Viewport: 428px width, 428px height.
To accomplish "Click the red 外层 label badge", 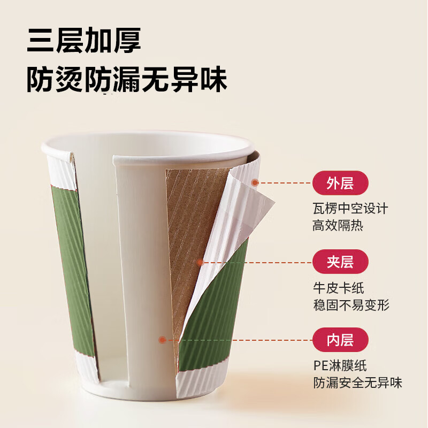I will pyautogui.click(x=340, y=184).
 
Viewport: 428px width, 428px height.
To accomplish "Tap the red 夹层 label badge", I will pyautogui.click(x=340, y=262).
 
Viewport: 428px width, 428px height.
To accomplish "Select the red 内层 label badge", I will pyautogui.click(x=340, y=339).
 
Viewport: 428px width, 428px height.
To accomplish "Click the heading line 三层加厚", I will pyautogui.click(x=84, y=42).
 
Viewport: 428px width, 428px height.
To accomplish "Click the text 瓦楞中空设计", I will pyautogui.click(x=350, y=208).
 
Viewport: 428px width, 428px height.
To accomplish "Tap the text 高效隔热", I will pyautogui.click(x=338, y=225).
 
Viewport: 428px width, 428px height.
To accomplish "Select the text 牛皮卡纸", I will pyautogui.click(x=339, y=287).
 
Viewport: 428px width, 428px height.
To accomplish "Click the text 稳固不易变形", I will pyautogui.click(x=351, y=305).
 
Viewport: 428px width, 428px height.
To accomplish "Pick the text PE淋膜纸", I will pyautogui.click(x=340, y=365).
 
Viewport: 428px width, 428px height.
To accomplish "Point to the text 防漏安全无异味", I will pyautogui.click(x=357, y=383).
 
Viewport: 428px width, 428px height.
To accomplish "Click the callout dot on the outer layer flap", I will pyautogui.click(x=255, y=183).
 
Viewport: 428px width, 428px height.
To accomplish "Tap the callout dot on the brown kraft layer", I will pyautogui.click(x=200, y=262).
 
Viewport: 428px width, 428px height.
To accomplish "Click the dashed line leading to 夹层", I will pyautogui.click(x=257, y=262).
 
